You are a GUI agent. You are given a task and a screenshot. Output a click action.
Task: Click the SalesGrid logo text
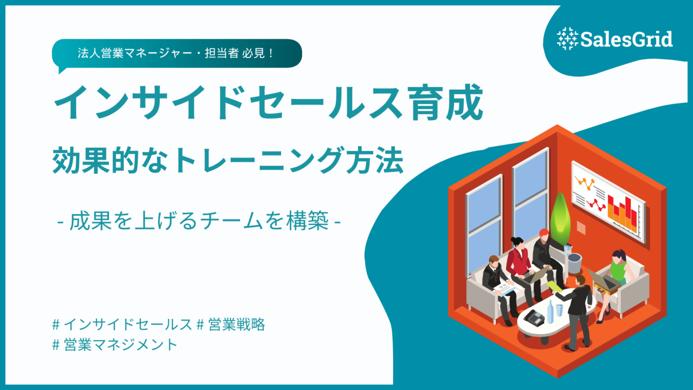pyautogui.click(x=626, y=39)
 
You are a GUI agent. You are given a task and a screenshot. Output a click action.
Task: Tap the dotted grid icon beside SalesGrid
pyautogui.click(x=568, y=39)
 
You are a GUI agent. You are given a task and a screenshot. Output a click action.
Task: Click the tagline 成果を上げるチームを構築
pyautogui.click(x=199, y=221)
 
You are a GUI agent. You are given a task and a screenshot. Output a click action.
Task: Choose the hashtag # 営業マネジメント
pyautogui.click(x=115, y=345)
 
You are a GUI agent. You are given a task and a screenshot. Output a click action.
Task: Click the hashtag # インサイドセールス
pyautogui.click(x=122, y=324)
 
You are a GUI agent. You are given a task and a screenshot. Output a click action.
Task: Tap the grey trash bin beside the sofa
pyautogui.click(x=574, y=263)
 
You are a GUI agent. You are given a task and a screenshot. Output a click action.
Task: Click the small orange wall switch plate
pyautogui.click(x=581, y=228)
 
